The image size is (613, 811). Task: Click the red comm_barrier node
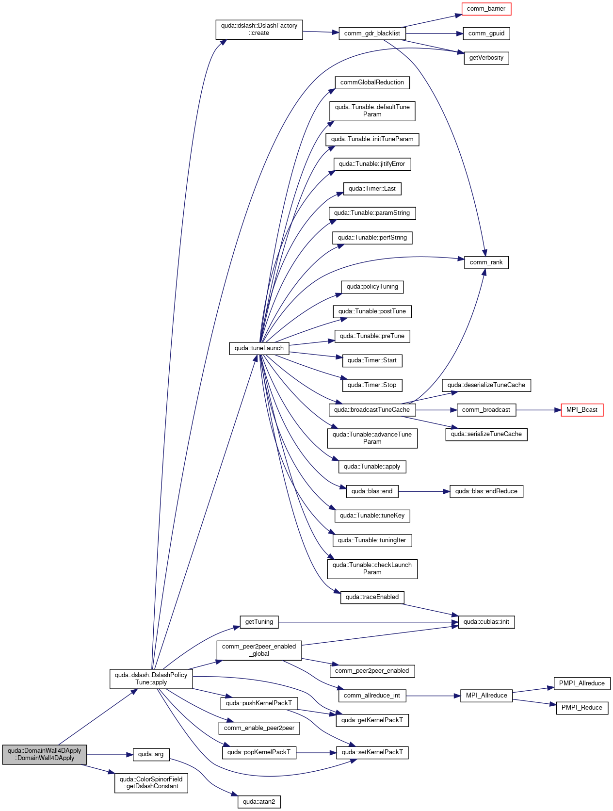pyautogui.click(x=486, y=9)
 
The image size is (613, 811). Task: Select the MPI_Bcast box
pyautogui.click(x=581, y=410)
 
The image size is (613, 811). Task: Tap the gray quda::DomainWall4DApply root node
pyautogui.click(x=44, y=754)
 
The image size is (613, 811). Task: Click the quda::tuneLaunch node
pyautogui.click(x=259, y=348)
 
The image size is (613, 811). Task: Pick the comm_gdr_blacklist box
pyautogui.click(x=372, y=33)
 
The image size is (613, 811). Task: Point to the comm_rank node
pyautogui.click(x=486, y=262)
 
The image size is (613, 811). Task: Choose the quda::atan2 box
pyautogui.click(x=259, y=802)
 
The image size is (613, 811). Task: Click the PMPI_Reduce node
pyautogui.click(x=581, y=708)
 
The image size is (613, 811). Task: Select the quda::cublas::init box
pyautogui.click(x=486, y=622)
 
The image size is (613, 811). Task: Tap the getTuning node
pyautogui.click(x=259, y=622)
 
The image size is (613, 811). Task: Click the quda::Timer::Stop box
pyautogui.click(x=372, y=385)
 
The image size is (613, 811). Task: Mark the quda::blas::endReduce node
pyautogui.click(x=486, y=491)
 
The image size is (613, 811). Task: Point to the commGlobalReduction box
pyautogui.click(x=372, y=82)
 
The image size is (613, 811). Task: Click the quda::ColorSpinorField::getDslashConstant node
pyautogui.click(x=151, y=783)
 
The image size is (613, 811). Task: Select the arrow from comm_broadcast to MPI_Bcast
pyautogui.click(x=538, y=410)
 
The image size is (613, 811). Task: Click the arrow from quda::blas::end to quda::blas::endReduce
pyautogui.click(x=424, y=491)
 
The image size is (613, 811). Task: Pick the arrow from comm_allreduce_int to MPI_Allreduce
pyautogui.click(x=433, y=696)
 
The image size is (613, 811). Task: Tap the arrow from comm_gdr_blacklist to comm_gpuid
pyautogui.click(x=434, y=33)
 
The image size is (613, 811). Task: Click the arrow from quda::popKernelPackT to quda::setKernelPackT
pyautogui.click(x=316, y=753)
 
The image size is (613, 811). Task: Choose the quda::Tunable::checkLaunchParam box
pyautogui.click(x=372, y=569)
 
